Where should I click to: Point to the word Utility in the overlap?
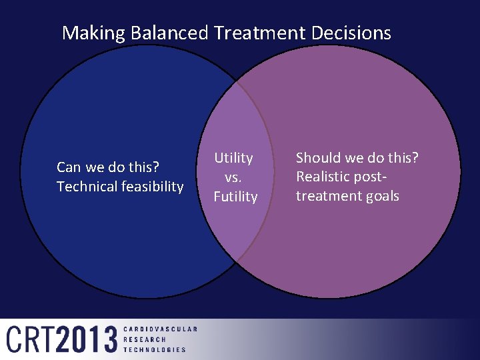pyautogui.click(x=233, y=158)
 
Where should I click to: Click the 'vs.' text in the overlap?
pyautogui.click(x=233, y=177)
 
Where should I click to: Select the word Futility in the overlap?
pyautogui.click(x=235, y=197)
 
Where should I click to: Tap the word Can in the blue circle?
pyautogui.click(x=69, y=167)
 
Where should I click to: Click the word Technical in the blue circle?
pyautogui.click(x=87, y=187)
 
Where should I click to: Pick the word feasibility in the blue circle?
pyautogui.click(x=151, y=187)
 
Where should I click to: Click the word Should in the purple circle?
pyautogui.click(x=317, y=158)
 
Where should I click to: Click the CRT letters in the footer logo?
pyautogui.click(x=31, y=339)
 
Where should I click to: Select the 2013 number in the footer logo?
pyautogui.click(x=87, y=339)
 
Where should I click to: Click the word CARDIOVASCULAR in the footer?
pyautogui.click(x=160, y=329)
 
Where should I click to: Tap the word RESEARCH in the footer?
pyautogui.click(x=144, y=339)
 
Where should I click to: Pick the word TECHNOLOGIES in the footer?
pyautogui.click(x=155, y=349)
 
